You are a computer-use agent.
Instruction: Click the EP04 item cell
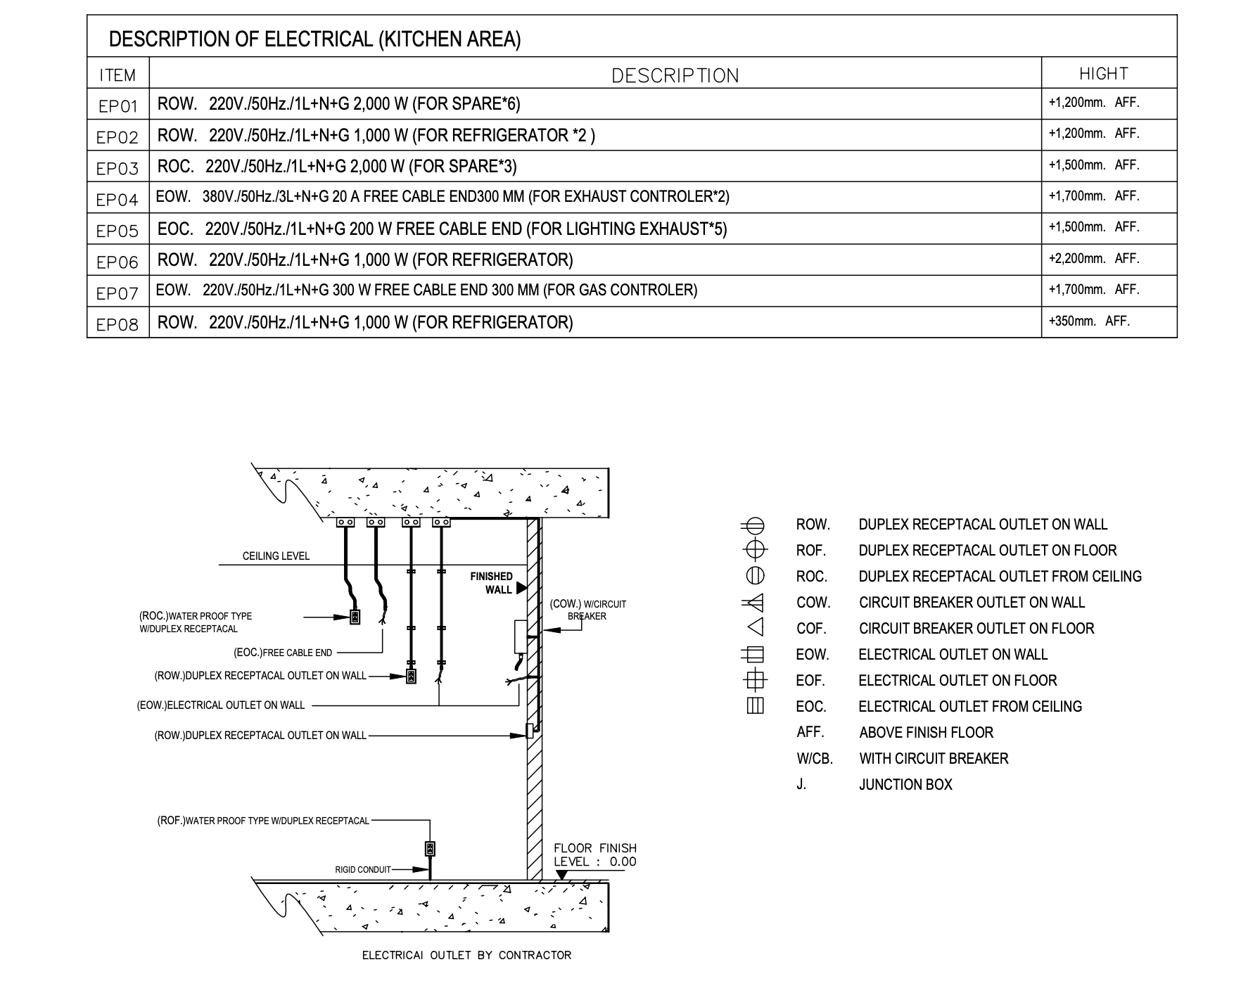coord(117,200)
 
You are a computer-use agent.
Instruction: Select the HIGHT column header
coord(1104,74)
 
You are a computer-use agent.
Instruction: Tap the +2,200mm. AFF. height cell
coord(1094,259)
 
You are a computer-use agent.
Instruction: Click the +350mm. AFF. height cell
coord(1089,321)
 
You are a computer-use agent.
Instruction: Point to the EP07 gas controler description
coord(426,290)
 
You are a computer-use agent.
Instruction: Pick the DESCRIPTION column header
coord(675,76)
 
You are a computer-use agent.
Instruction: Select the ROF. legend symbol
coord(755,550)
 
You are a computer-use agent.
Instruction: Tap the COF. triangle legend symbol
coord(755,628)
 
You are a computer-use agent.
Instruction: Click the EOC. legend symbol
coord(755,706)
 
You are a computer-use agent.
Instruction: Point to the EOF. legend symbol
coord(755,680)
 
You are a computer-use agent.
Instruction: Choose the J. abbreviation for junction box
coord(801,784)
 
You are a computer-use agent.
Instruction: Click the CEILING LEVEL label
coord(276,556)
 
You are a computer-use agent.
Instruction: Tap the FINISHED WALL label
coord(492,583)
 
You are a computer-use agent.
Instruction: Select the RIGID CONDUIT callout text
coord(363,870)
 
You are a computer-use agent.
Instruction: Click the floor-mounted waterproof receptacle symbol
coord(430,849)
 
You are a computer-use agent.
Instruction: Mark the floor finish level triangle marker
coord(561,876)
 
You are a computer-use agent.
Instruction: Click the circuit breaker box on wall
coord(521,636)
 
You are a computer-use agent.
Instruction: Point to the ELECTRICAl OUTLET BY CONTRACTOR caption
coord(466,955)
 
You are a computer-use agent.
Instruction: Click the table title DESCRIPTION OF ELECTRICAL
coord(314,39)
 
